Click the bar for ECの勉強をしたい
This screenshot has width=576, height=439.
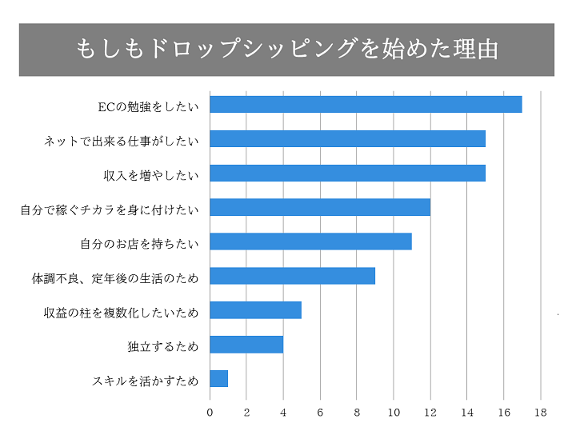pyautogui.click(x=366, y=105)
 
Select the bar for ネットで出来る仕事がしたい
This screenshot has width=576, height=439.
pyautogui.click(x=347, y=139)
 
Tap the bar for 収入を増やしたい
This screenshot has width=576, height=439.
pyautogui.click(x=347, y=174)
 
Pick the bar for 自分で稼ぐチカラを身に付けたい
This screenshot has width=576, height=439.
pyautogui.click(x=320, y=208)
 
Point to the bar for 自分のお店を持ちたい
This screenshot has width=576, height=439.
pyautogui.click(x=310, y=241)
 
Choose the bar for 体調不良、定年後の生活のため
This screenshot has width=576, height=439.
pyautogui.click(x=292, y=276)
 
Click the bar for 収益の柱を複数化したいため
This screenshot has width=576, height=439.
pyautogui.click(x=255, y=310)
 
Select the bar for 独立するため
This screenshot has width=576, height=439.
pyautogui.click(x=246, y=345)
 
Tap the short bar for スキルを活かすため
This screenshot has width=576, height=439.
pyautogui.click(x=218, y=378)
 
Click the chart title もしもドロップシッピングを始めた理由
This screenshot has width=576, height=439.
pyautogui.click(x=287, y=49)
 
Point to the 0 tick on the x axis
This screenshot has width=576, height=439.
pyautogui.click(x=210, y=413)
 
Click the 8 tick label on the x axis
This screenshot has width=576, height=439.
pyautogui.click(x=357, y=413)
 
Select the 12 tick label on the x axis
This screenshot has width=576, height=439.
pyautogui.click(x=430, y=413)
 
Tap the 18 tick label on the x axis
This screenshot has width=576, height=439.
pyautogui.click(x=541, y=413)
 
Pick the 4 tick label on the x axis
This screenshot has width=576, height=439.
pyautogui.click(x=283, y=413)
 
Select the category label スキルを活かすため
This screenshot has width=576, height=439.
pyautogui.click(x=145, y=381)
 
